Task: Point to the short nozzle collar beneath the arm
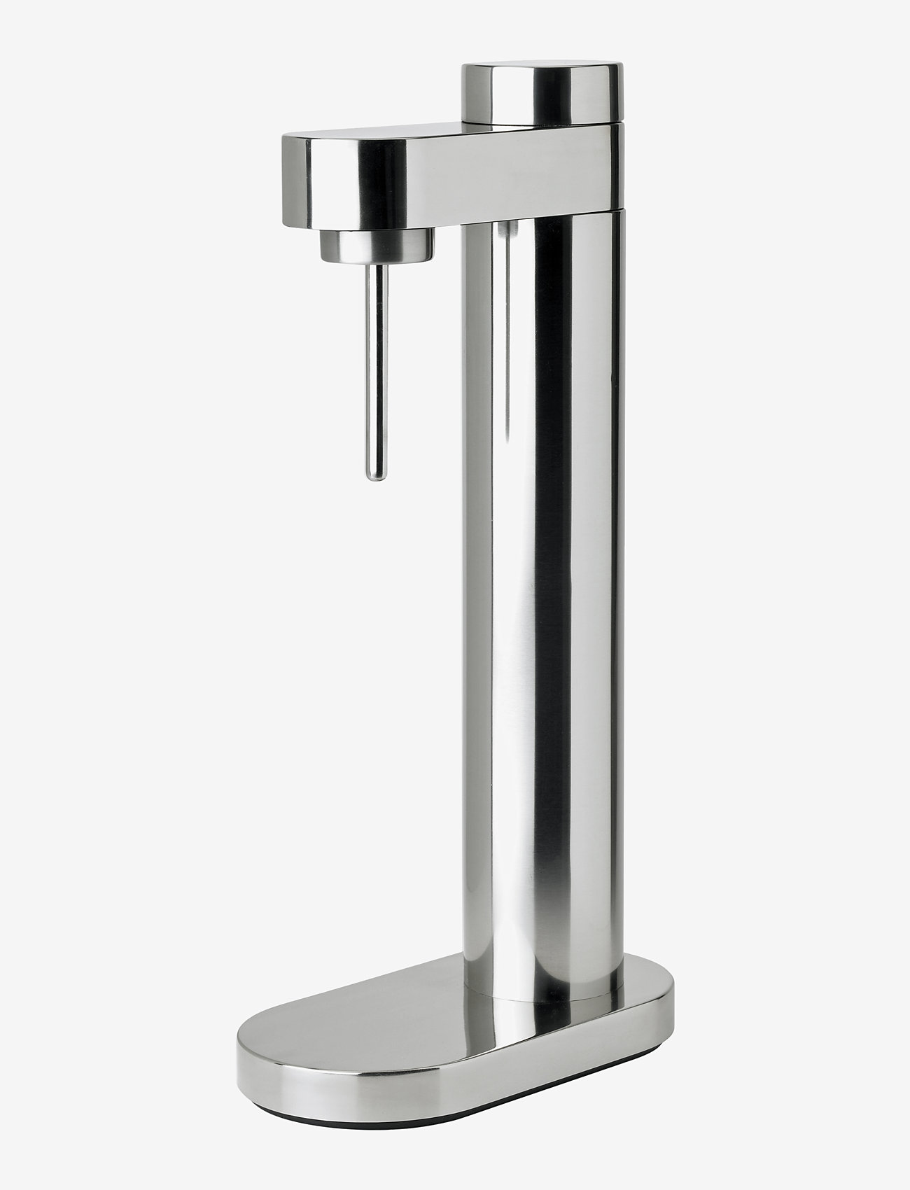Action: tap(376, 246)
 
